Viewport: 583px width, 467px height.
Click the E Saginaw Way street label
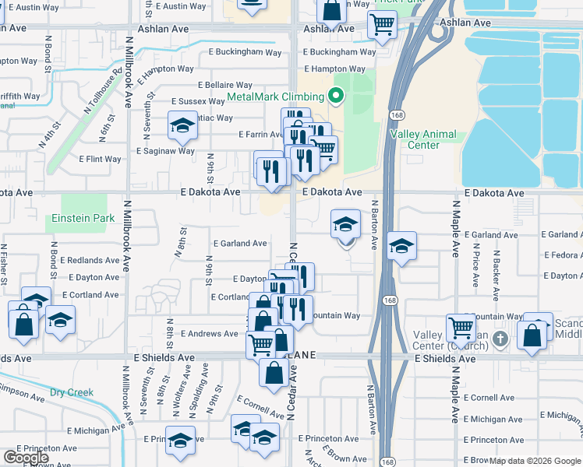pyautogui.click(x=165, y=151)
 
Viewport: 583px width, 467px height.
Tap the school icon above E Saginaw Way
pyautogui.click(x=182, y=126)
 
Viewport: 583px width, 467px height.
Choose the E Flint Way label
pyautogui.click(x=101, y=159)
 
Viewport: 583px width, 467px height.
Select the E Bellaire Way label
pyautogui.click(x=225, y=85)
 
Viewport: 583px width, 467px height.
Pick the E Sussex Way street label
pyautogui.click(x=199, y=101)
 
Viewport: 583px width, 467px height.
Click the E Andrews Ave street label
pyautogui.click(x=209, y=333)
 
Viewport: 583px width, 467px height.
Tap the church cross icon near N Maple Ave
pyautogui.click(x=500, y=339)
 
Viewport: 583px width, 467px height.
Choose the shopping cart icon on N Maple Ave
pyautogui.click(x=461, y=328)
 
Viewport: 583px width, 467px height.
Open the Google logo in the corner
pyautogui.click(x=26, y=458)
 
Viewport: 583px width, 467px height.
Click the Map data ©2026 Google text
pyautogui.click(x=534, y=461)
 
